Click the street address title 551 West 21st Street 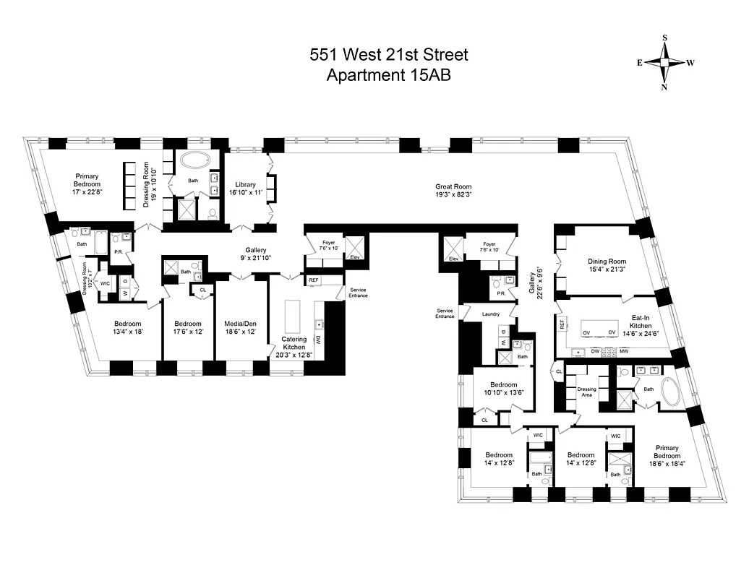(389, 55)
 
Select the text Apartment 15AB (389, 75)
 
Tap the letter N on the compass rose (664, 87)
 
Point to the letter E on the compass (640, 63)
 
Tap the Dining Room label (607, 262)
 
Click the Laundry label (492, 314)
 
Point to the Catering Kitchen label (294, 343)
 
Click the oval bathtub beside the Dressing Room (193, 161)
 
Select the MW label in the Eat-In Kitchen (623, 352)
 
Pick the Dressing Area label (587, 393)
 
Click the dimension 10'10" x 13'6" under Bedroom (493, 394)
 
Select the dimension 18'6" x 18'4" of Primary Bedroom (667, 464)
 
